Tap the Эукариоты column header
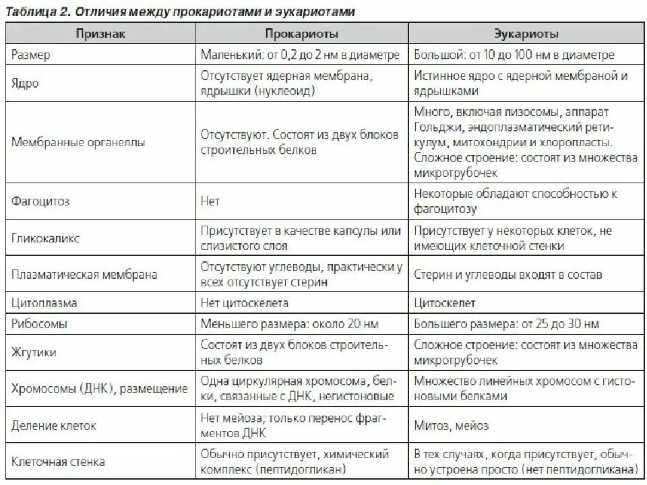click(526, 33)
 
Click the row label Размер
click(31, 55)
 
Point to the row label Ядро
click(25, 85)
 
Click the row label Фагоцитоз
click(40, 201)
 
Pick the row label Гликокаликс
click(45, 238)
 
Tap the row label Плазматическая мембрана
click(84, 275)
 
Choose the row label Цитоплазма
click(44, 303)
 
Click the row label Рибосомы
click(40, 324)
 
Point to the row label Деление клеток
click(54, 426)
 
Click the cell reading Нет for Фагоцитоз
click(210, 201)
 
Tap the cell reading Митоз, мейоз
click(452, 426)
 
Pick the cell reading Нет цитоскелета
click(245, 303)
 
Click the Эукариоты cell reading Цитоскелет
click(445, 303)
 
